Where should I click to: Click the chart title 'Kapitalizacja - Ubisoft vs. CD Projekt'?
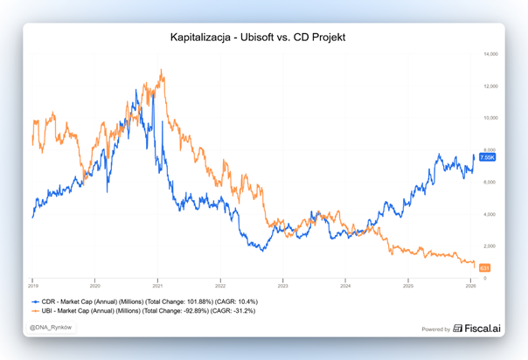pyautogui.click(x=263, y=38)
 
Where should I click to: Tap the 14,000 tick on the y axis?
pyautogui.click(x=490, y=54)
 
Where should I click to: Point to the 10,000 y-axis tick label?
pyautogui.click(x=490, y=118)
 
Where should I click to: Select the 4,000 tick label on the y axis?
pyautogui.click(x=490, y=214)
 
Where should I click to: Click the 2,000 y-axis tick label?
pyautogui.click(x=490, y=246)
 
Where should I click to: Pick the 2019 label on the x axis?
pyautogui.click(x=32, y=285)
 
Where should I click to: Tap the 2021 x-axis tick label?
pyautogui.click(x=157, y=285)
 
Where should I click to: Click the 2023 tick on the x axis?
pyautogui.click(x=282, y=285)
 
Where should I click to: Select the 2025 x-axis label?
pyautogui.click(x=407, y=285)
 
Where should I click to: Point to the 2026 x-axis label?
pyautogui.click(x=470, y=285)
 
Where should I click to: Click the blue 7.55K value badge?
pyautogui.click(x=487, y=157)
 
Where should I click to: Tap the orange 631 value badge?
pyautogui.click(x=485, y=267)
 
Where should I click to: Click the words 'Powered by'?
pyautogui.click(x=436, y=329)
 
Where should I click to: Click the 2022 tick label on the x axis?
pyautogui.click(x=220, y=285)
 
